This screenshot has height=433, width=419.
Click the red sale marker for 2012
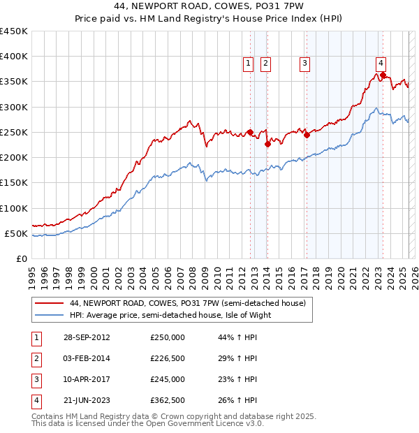[250, 132]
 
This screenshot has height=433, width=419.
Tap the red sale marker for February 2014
[267, 145]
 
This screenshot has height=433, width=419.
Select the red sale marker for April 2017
[307, 135]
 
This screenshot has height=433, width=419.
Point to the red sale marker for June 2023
[383, 75]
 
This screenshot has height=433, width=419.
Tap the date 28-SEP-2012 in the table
[87, 338]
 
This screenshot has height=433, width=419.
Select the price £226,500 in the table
[168, 359]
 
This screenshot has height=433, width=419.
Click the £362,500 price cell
[168, 401]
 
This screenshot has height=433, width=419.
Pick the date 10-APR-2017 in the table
[87, 380]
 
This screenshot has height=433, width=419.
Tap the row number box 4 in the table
[36, 401]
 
